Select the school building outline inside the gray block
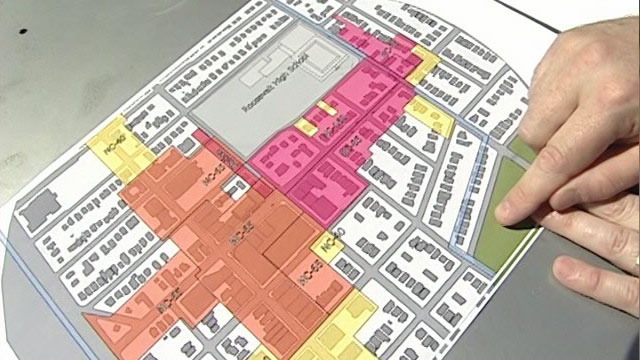pyautogui.click(x=290, y=66)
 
